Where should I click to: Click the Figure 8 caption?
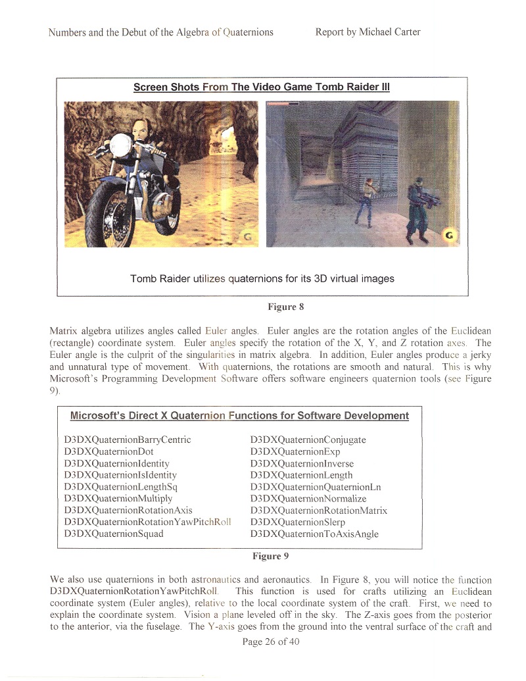pos(285,306)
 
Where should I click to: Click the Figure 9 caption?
pos(271,556)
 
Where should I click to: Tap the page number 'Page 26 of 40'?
pos(271,642)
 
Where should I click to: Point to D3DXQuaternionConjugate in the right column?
pos(308,440)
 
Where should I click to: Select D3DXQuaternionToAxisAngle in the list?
pos(315,534)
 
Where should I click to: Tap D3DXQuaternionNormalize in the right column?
pos(308,498)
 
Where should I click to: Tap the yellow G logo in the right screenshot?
pos(450,235)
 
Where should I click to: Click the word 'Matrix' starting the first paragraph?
pos(64,330)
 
